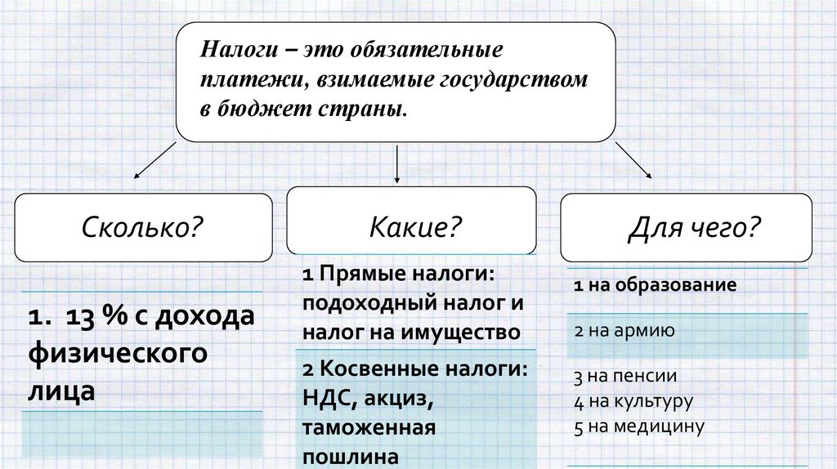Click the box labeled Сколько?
pos(142,226)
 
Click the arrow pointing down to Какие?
pos(397,163)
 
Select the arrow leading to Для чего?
pos(633,159)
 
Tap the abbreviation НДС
pos(324,400)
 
